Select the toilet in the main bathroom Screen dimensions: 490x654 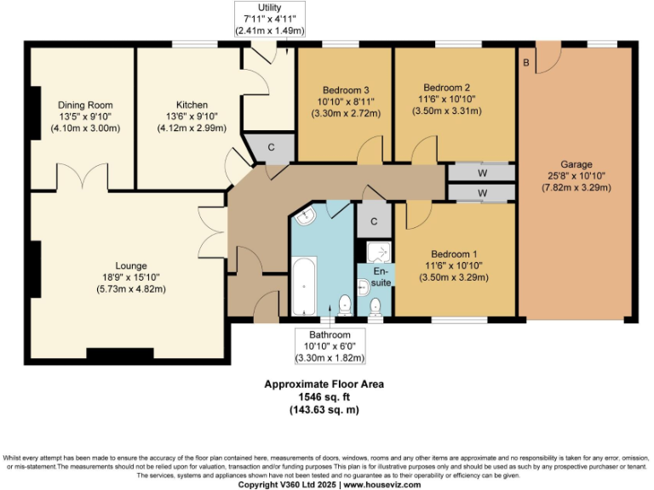(x=344, y=304)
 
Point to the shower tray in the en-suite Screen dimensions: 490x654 (x=379, y=253)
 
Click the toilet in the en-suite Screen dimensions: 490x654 (x=375, y=305)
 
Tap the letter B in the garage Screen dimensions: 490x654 (x=526, y=63)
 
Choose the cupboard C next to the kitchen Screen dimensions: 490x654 (x=271, y=147)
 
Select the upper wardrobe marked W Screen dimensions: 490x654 (x=481, y=173)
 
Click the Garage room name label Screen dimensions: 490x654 (x=576, y=164)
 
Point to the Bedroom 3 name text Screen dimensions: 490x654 (x=345, y=90)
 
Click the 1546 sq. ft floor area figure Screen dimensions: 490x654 (x=323, y=396)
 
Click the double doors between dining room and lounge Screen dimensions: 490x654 (x=84, y=179)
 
